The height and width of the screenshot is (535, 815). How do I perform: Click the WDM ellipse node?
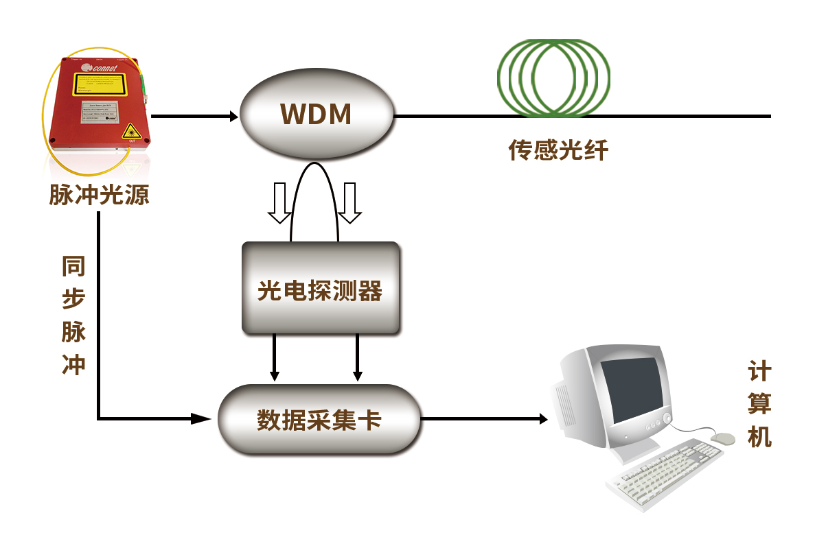[x=317, y=115]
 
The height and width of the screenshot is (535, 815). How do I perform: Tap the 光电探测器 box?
[x=320, y=289]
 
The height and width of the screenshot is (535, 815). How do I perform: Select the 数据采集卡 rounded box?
[x=319, y=419]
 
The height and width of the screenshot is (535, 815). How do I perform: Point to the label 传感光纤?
[x=558, y=150]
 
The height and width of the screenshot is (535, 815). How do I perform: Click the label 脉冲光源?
[x=99, y=195]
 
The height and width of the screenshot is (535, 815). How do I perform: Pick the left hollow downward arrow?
[x=279, y=202]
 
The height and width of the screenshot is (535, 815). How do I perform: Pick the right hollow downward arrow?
[x=350, y=202]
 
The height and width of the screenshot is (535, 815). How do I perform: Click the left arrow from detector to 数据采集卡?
[x=275, y=374]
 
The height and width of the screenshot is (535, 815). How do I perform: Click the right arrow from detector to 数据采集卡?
[x=357, y=374]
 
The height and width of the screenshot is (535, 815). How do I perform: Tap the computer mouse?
[x=722, y=437]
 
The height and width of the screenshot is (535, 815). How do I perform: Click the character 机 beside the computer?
[x=759, y=436]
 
